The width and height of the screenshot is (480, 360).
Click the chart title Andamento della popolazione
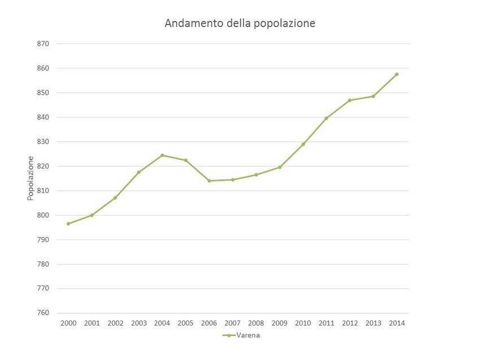(239, 24)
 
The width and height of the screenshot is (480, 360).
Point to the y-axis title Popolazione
(30, 178)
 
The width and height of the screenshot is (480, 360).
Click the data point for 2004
(162, 155)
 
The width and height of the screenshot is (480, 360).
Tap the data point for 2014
(397, 74)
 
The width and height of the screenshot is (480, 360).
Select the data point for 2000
(68, 223)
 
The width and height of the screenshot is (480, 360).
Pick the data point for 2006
(209, 181)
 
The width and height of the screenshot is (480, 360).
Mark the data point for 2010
(303, 144)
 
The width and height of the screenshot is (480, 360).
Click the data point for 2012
(350, 100)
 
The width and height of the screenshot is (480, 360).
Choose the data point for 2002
(115, 197)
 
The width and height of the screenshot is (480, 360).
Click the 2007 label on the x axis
(233, 323)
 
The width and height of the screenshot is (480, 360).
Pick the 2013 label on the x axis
(373, 323)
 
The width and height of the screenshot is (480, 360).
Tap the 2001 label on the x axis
(91, 323)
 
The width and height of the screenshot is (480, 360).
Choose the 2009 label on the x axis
(280, 323)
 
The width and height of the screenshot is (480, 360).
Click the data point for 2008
(256, 175)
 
